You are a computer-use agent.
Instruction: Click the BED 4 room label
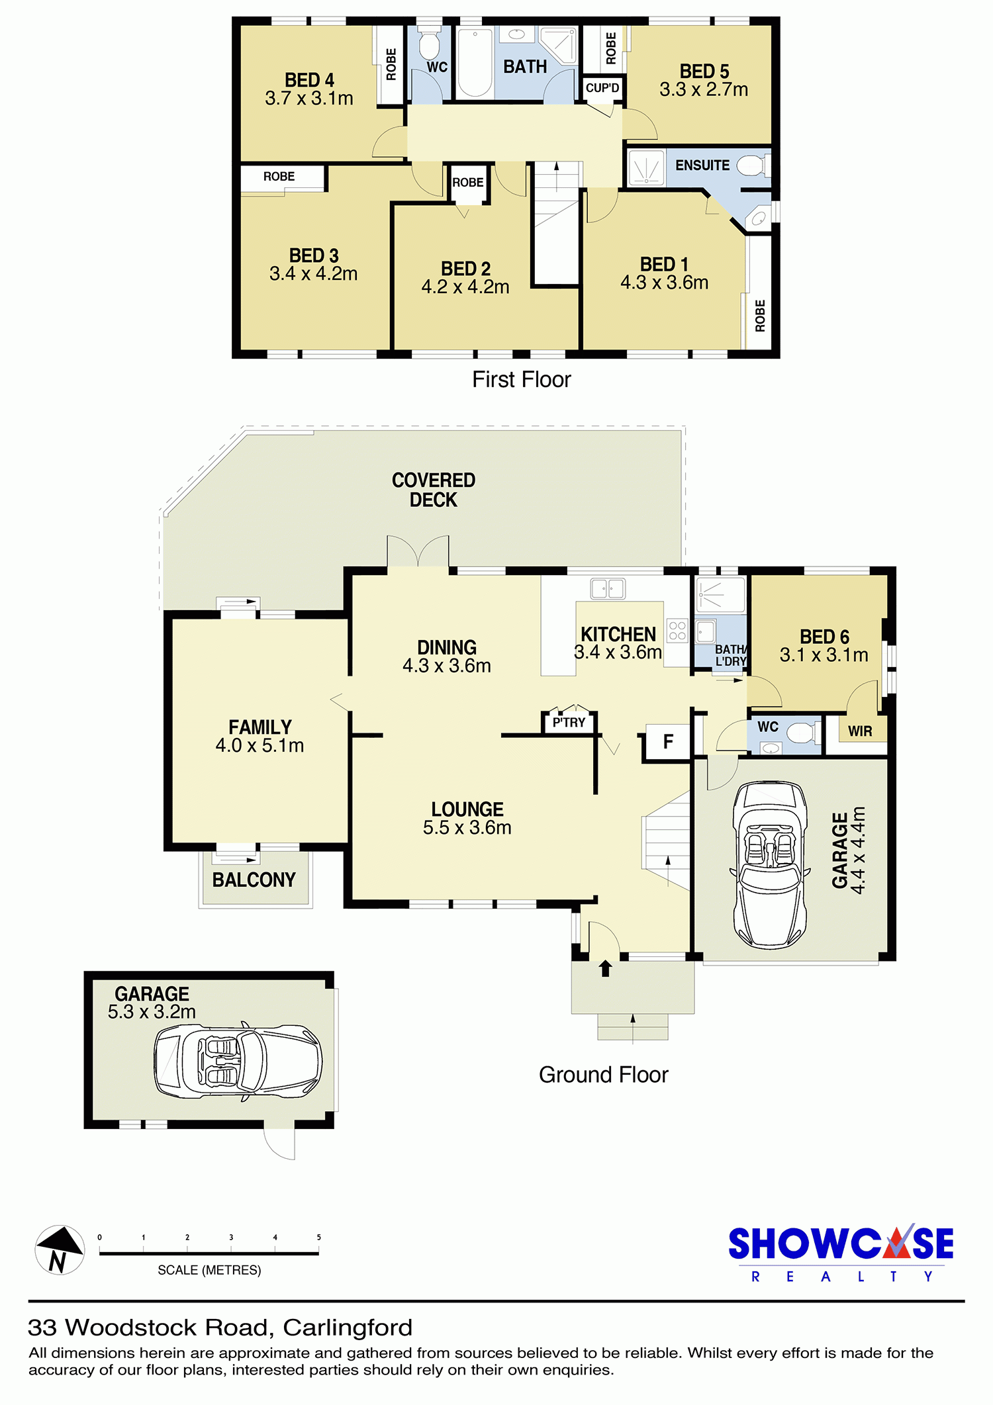tap(309, 80)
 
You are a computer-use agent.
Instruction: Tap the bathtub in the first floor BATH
tap(475, 63)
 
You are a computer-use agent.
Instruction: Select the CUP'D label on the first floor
tap(602, 88)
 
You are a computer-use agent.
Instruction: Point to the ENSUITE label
tap(702, 165)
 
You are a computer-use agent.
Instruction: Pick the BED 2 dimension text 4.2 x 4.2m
tap(465, 287)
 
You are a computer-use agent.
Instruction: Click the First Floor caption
tap(522, 379)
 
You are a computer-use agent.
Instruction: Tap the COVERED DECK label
tap(434, 490)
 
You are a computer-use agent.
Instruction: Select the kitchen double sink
tap(608, 588)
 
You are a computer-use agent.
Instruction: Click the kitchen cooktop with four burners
tap(677, 630)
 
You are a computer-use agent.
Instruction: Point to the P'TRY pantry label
tap(569, 723)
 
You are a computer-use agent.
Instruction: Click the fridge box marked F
tap(668, 741)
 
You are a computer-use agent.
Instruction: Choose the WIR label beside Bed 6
tap(860, 731)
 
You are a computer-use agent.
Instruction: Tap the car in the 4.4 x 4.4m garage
tap(770, 865)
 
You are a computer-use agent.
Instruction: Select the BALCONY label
tap(254, 880)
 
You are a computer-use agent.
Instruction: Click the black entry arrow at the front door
tap(605, 968)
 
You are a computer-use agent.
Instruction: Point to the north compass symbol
tap(60, 1249)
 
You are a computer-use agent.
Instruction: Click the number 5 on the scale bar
tap(318, 1237)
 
